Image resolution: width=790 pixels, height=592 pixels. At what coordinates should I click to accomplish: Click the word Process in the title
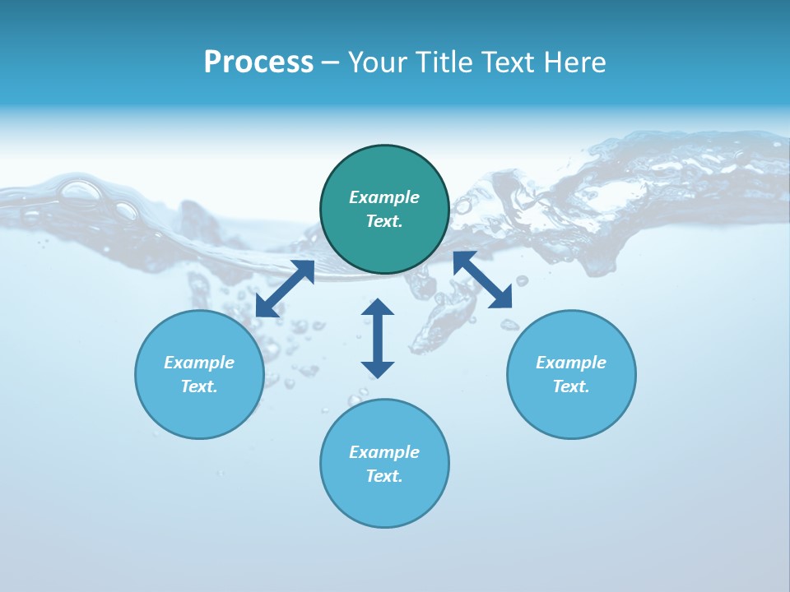258,62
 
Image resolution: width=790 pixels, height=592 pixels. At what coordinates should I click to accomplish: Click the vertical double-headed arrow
378,339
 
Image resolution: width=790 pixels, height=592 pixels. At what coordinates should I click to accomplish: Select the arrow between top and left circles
285,289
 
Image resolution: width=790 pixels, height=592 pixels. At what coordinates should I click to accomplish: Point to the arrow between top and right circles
482,280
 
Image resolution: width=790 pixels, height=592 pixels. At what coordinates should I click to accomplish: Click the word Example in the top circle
384,197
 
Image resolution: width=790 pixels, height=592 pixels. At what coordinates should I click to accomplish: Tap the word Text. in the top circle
384,221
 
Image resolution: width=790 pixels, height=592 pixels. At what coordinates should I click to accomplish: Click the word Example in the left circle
199,363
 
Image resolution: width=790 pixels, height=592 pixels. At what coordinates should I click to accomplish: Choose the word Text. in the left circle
199,386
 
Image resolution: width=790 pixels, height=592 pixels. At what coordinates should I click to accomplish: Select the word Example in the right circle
571,363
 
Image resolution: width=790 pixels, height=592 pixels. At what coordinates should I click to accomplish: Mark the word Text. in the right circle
571,386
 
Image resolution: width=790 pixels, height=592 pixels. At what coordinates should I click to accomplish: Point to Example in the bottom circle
384,452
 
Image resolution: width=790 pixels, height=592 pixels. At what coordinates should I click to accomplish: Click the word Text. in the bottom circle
384,476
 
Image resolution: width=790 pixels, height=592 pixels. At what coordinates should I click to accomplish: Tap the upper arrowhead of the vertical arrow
378,308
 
